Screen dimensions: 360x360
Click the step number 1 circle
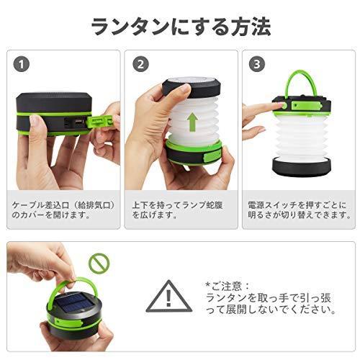22,64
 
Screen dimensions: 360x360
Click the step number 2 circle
140,64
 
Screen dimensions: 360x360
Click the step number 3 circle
257,64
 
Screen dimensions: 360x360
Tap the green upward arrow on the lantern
192,122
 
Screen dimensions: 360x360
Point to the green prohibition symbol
99,264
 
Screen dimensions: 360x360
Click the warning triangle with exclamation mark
169,297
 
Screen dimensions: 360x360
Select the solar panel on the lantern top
74,304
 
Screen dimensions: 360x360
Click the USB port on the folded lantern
79,121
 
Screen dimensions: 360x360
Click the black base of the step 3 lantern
302,168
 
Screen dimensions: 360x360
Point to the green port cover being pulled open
101,121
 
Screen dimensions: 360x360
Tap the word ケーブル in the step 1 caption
28,205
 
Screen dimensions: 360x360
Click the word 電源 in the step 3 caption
256,205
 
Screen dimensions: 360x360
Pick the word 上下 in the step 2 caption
140,205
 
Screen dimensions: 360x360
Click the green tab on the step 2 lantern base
212,156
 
